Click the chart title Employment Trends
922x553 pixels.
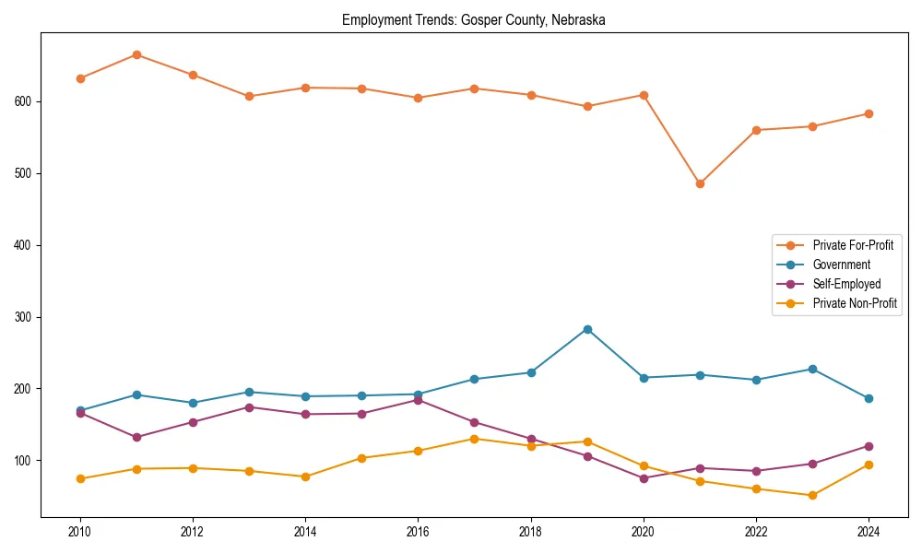[x=474, y=19]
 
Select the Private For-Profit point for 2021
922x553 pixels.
[x=700, y=183]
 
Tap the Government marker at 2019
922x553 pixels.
[x=587, y=329]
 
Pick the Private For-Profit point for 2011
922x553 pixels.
[x=136, y=54]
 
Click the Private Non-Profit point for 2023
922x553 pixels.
[x=812, y=495]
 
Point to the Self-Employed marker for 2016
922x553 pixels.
[x=418, y=400]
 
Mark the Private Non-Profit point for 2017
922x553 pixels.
[x=474, y=439]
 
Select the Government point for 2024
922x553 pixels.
[x=869, y=398]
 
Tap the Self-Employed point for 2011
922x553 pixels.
[x=136, y=437]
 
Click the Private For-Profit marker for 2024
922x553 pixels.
[x=869, y=114]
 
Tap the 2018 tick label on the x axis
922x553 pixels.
[x=531, y=532]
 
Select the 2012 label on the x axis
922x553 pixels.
[x=193, y=532]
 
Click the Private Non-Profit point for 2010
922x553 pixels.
[x=80, y=478]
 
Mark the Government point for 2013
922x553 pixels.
[x=249, y=392]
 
